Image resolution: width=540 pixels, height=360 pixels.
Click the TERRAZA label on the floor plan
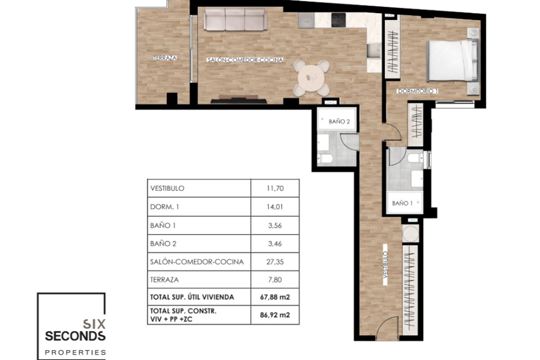(x=165, y=58)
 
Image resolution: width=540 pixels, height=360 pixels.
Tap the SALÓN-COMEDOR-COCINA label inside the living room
(x=245, y=60)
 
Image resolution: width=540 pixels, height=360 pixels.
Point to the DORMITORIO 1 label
(x=418, y=91)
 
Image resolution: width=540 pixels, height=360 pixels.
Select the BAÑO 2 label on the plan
(x=339, y=121)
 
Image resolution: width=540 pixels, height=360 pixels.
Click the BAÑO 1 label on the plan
(x=402, y=203)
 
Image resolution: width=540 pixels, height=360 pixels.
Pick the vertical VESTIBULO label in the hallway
(x=385, y=265)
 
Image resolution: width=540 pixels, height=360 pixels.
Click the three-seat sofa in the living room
(x=235, y=19)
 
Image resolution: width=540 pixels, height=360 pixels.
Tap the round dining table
(x=311, y=78)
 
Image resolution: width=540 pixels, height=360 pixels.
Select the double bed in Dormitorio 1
(x=453, y=60)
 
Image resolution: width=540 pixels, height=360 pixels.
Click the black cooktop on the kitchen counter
(x=338, y=20)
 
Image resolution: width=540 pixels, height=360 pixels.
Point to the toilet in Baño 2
(x=325, y=158)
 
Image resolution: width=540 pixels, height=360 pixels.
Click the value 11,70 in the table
(x=275, y=188)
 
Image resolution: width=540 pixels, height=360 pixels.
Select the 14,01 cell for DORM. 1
(x=275, y=207)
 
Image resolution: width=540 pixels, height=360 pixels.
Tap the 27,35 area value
(x=275, y=262)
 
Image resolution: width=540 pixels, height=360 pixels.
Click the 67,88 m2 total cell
(x=275, y=297)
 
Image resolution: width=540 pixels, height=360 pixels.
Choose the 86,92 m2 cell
(x=275, y=315)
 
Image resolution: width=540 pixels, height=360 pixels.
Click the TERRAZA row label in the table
(x=164, y=280)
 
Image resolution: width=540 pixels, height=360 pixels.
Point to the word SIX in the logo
(x=94, y=324)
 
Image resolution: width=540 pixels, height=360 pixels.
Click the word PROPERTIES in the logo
(x=76, y=352)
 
